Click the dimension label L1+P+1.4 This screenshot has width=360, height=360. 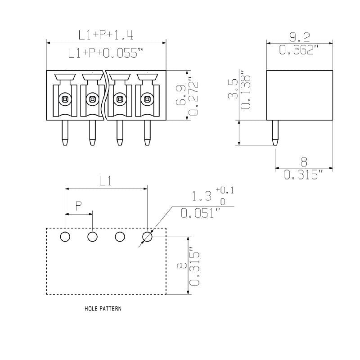[x=106, y=35]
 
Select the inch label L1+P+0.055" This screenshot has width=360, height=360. [x=106, y=53]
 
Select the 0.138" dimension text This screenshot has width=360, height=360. [x=246, y=90]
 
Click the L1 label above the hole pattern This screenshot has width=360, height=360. [x=106, y=180]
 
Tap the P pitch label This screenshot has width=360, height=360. [x=78, y=207]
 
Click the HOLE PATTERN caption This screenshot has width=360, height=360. [x=103, y=309]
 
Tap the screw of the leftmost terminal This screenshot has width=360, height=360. [x=65, y=98]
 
